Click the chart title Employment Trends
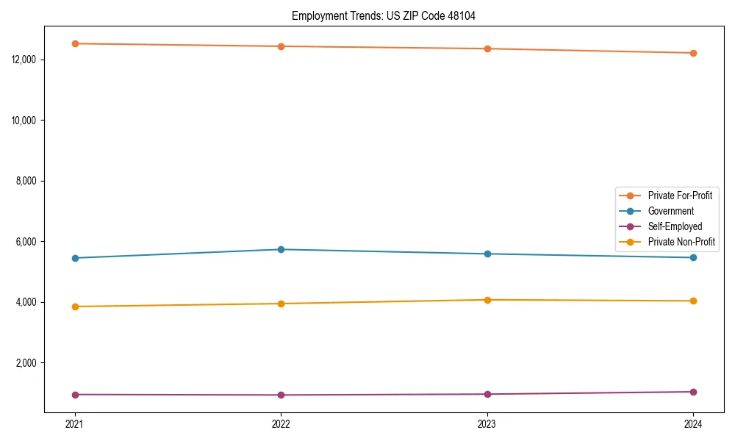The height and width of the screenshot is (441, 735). point(384,15)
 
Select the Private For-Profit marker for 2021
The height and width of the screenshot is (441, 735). point(75,43)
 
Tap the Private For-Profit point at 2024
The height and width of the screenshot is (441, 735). point(693,53)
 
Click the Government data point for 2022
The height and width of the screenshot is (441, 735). point(281,249)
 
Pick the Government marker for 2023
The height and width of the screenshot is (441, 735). point(487,254)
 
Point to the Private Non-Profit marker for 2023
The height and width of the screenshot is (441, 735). point(487,300)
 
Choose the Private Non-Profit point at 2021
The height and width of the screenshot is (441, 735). point(75,306)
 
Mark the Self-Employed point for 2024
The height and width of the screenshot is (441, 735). point(693,392)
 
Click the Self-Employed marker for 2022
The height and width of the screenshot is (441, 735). point(281,395)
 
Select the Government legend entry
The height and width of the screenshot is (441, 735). point(670,211)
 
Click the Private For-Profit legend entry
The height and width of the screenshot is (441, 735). point(679,196)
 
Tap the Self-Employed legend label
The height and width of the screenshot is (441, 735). point(675,226)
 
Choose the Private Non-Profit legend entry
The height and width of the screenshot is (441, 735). point(681,242)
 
